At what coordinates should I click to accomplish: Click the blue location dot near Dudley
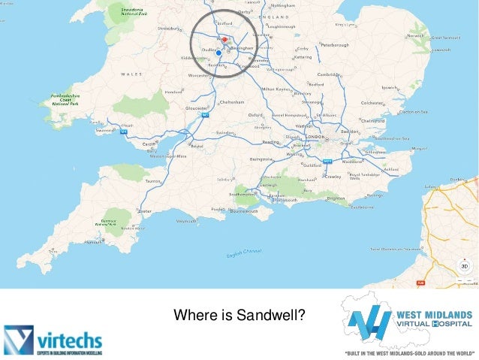(x=218, y=53)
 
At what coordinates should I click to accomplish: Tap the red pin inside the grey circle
(x=224, y=38)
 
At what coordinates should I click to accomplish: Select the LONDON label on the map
(x=315, y=138)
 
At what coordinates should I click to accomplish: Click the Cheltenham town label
(x=231, y=102)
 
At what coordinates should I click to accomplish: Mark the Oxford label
(x=256, y=115)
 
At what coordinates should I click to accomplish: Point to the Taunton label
(x=154, y=181)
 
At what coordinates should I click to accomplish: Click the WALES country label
(x=131, y=74)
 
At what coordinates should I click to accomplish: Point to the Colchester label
(x=372, y=103)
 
